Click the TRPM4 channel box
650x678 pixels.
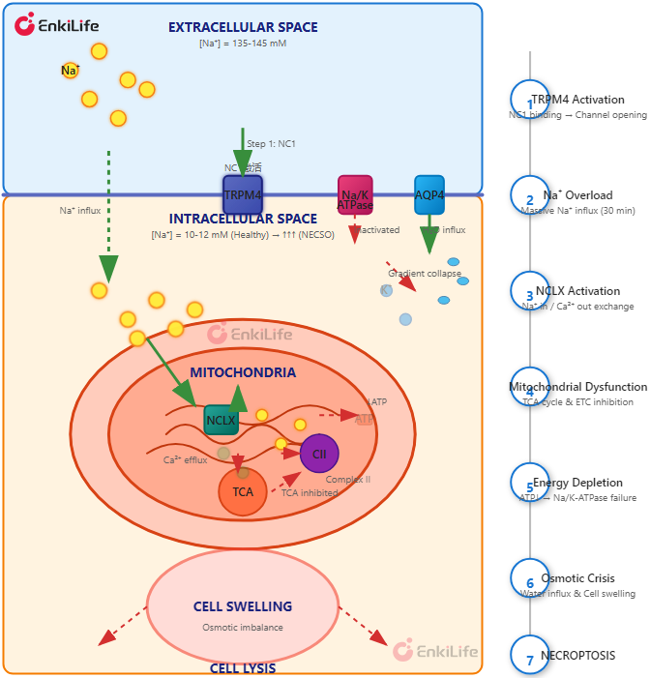[243, 194]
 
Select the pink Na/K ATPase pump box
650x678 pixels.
[355, 194]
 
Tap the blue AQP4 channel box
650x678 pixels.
[428, 194]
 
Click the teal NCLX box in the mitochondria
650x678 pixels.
[221, 421]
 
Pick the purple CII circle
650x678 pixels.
[319, 454]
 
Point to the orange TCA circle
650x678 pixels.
[243, 491]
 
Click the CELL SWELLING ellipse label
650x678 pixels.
[243, 606]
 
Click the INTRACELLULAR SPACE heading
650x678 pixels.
[243, 219]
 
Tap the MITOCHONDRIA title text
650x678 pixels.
[243, 372]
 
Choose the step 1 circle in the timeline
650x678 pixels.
[529, 100]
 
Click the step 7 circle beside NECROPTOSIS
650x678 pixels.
[529, 656]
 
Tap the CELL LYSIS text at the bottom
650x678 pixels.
[243, 668]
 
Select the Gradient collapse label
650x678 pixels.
[425, 274]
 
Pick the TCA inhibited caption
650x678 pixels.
[310, 492]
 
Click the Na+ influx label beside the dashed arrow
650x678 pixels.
[80, 210]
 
